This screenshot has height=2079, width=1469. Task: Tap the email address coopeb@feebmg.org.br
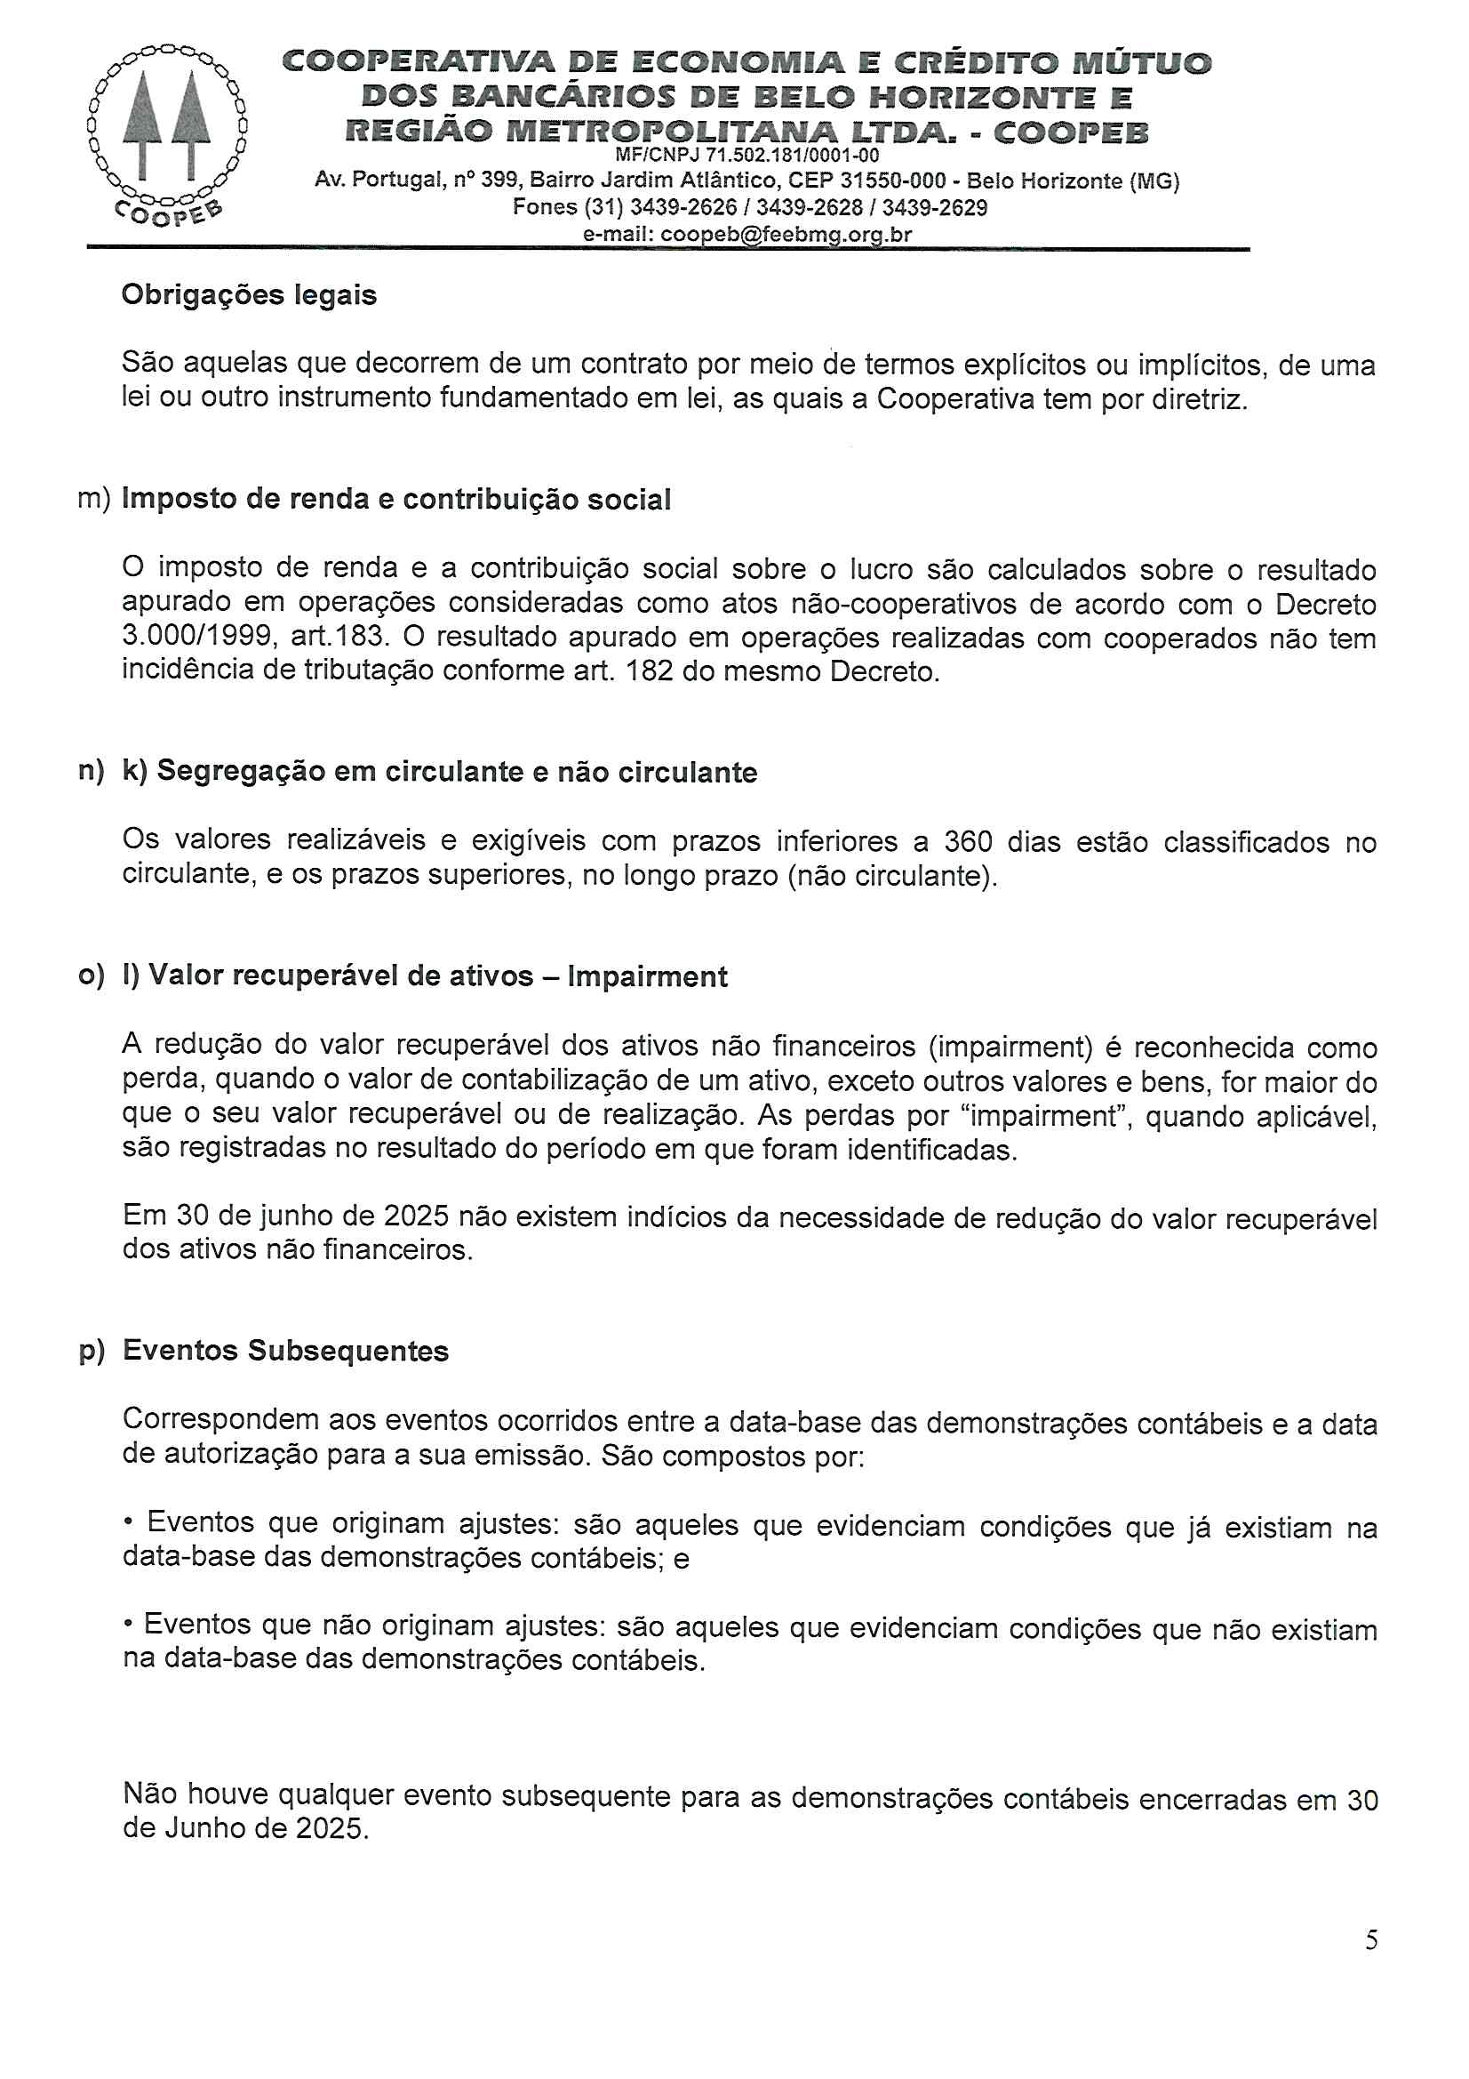(786, 235)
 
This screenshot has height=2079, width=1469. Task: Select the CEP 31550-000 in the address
(891, 181)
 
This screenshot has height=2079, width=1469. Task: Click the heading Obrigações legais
(249, 295)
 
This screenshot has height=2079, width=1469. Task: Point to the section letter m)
(94, 499)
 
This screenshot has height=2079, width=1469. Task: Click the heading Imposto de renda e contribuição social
(396, 499)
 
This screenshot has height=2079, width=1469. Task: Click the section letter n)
(92, 772)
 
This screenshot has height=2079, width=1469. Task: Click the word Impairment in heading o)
(647, 977)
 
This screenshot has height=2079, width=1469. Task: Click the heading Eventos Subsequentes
(286, 1351)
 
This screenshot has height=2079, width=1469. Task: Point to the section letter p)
(92, 1351)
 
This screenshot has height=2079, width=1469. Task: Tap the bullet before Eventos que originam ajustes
(129, 1523)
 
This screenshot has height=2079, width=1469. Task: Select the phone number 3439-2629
(935, 208)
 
